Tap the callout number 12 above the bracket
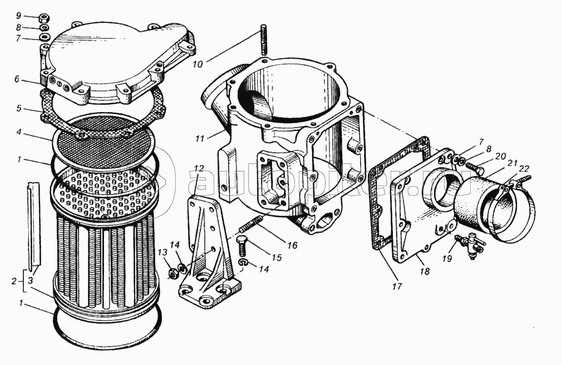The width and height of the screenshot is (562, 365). (x=199, y=168)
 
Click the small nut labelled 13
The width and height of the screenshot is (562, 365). (x=172, y=273)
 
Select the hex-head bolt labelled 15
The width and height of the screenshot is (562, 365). (x=243, y=244)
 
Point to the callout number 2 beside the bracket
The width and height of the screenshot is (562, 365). (x=13, y=282)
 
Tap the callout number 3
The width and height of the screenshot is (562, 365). (x=32, y=282)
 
